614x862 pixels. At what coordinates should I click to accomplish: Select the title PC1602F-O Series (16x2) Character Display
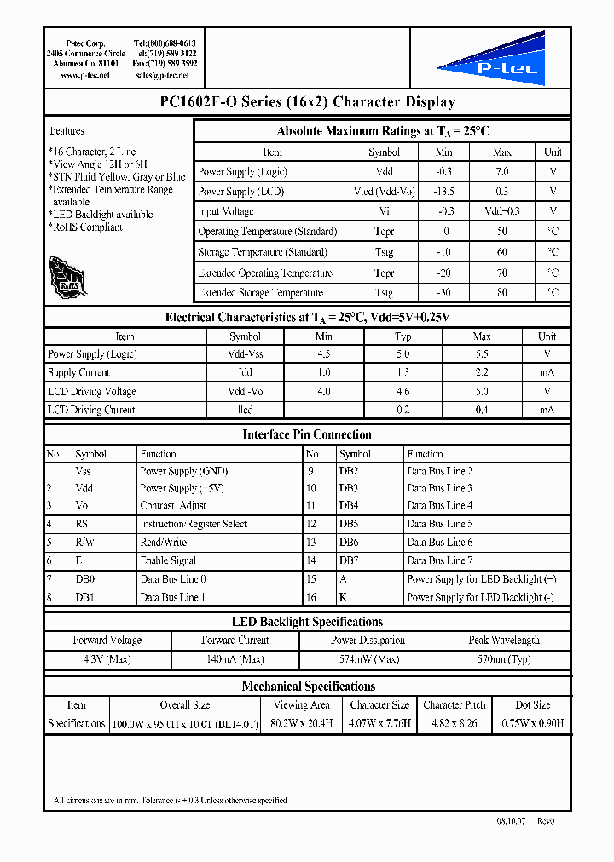tap(307, 102)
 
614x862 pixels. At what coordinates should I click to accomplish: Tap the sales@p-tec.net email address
tap(162, 75)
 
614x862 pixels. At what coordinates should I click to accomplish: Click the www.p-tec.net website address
tap(85, 75)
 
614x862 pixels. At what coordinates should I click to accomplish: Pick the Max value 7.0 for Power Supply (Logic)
tap(502, 171)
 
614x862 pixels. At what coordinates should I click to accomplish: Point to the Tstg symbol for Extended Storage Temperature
tap(384, 293)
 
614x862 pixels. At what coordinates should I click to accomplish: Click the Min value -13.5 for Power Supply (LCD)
tap(443, 192)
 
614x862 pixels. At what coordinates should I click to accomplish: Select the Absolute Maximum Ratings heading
tap(382, 131)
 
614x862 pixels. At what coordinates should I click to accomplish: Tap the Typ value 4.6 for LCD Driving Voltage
tap(403, 391)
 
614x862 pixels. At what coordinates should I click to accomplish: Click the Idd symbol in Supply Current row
tap(245, 372)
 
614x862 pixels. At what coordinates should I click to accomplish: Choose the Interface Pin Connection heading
tap(307, 434)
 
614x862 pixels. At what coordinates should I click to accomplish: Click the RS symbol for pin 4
tap(82, 524)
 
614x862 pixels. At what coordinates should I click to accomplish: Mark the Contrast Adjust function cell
tap(173, 506)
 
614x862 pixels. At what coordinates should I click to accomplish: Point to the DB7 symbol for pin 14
tap(348, 560)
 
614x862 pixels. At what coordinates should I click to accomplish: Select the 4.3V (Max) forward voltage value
tap(107, 659)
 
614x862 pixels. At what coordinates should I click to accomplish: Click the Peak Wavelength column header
tap(503, 641)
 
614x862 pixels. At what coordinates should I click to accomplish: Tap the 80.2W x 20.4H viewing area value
tap(300, 723)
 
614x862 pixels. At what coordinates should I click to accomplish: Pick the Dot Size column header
tap(532, 705)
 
